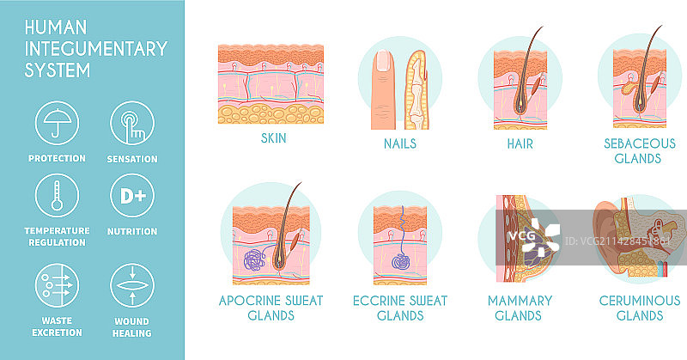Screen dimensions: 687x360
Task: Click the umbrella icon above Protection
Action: click(57, 123)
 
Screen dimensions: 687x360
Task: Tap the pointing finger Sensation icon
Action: click(132, 123)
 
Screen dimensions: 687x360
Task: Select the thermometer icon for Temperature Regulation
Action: click(57, 196)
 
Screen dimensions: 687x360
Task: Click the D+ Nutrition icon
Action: click(132, 196)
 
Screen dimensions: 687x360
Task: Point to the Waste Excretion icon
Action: click(57, 285)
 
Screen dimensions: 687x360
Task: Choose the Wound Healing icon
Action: click(132, 285)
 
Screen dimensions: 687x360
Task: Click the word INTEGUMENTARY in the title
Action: click(96, 49)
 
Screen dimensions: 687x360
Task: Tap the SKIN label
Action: click(273, 138)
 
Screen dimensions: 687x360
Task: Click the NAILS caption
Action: click(400, 143)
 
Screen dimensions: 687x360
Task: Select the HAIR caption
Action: click(520, 143)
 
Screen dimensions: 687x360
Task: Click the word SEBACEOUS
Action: click(640, 143)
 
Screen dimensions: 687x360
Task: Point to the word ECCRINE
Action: click(380, 301)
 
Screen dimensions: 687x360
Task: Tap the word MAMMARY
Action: click(520, 301)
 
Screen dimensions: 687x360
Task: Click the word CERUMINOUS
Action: click(640, 301)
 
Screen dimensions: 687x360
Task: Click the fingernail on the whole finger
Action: click(383, 60)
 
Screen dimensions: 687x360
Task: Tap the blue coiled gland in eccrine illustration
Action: click(400, 262)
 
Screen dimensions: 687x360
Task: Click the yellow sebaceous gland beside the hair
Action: click(629, 88)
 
